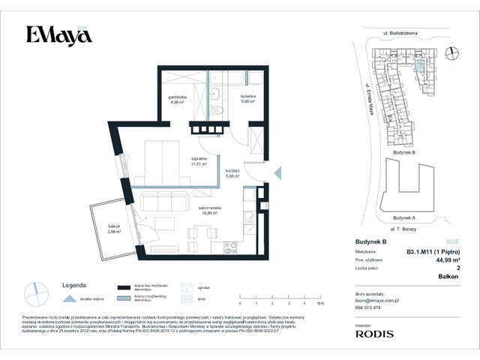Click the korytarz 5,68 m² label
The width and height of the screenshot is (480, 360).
232,174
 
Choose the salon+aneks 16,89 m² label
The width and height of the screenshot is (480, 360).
208,210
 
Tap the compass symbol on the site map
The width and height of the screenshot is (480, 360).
451,52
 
